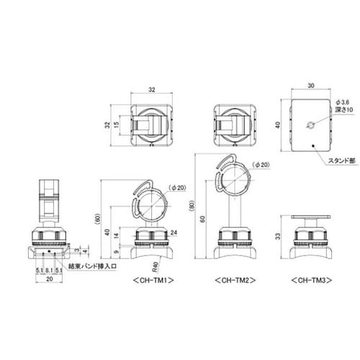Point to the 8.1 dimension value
tap(49, 271)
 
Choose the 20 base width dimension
tap(49, 279)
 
